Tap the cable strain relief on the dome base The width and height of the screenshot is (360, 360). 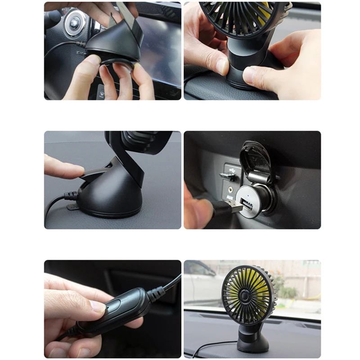(71, 195)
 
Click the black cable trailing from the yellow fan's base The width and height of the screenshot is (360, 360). (211, 346)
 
